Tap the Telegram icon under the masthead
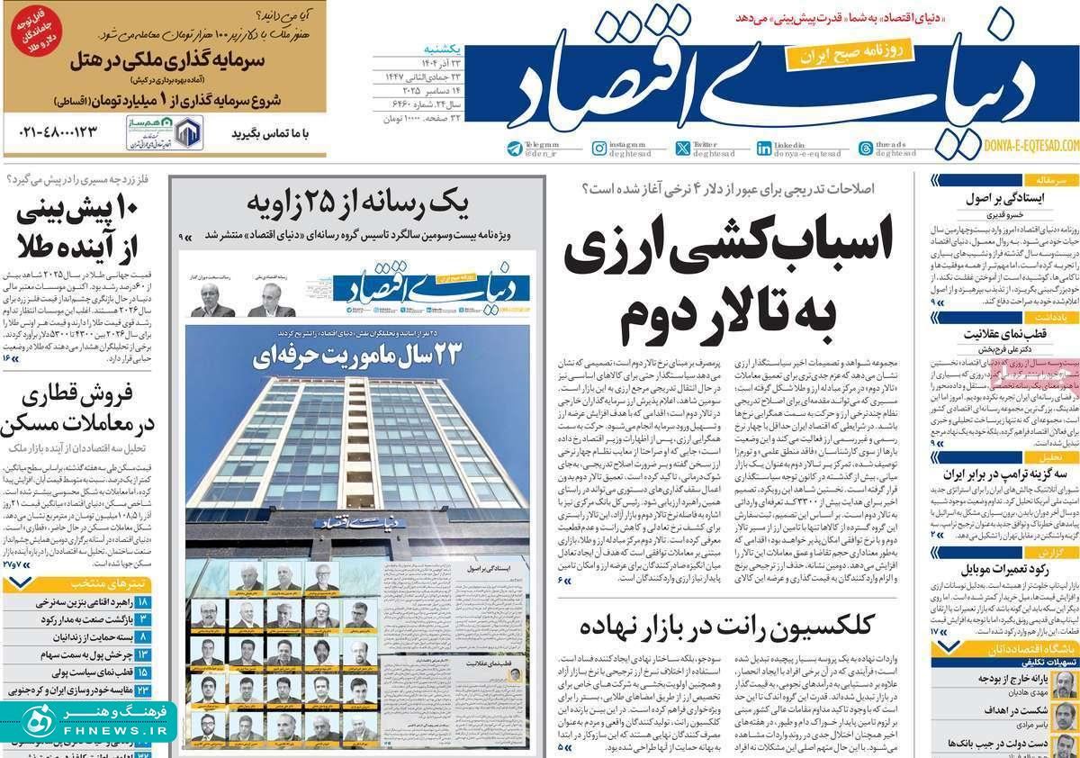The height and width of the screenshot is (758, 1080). click(x=514, y=149)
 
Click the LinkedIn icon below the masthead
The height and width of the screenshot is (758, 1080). click(x=763, y=149)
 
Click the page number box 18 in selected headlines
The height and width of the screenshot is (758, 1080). click(x=143, y=601)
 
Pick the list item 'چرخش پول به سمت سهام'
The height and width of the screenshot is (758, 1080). click(x=76, y=654)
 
